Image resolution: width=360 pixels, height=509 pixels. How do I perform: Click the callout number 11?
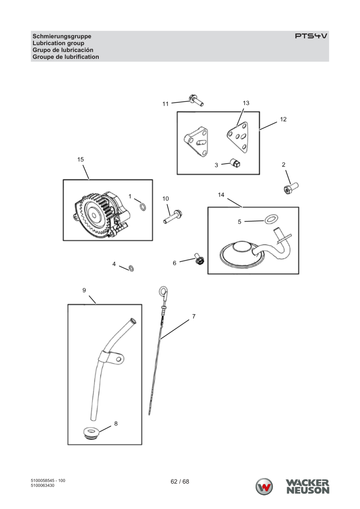(x=165, y=104)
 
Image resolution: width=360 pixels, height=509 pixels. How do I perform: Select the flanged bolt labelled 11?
(x=196, y=100)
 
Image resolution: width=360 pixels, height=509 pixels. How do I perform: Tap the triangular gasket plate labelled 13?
(x=237, y=137)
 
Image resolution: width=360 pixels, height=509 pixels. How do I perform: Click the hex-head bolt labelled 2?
(x=291, y=188)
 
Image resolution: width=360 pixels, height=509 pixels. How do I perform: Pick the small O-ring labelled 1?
(x=143, y=207)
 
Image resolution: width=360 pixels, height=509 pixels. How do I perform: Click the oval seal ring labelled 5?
(x=271, y=219)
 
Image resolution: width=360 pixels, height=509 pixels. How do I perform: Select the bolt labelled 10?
(x=173, y=216)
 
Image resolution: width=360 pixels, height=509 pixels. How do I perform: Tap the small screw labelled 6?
(x=199, y=259)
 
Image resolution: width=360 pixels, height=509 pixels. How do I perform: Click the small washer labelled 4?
(x=131, y=268)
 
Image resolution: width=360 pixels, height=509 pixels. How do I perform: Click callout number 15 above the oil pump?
(x=81, y=159)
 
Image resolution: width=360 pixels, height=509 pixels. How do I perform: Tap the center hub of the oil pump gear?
(x=94, y=215)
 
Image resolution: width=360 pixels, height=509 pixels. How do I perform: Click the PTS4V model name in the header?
(x=311, y=36)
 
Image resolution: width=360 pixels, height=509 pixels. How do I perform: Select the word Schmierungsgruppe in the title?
(x=62, y=36)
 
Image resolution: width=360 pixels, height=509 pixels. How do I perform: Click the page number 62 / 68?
(x=180, y=482)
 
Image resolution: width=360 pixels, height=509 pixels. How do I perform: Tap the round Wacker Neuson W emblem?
(x=264, y=486)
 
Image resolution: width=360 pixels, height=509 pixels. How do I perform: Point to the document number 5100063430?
(x=42, y=486)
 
